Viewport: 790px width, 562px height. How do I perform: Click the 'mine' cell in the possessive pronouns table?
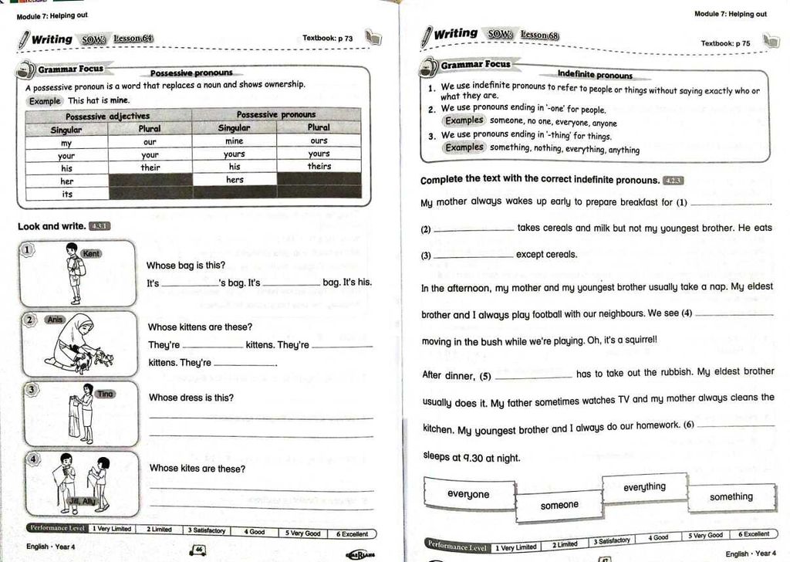click(x=234, y=141)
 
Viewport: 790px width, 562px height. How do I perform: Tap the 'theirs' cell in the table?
click(x=319, y=166)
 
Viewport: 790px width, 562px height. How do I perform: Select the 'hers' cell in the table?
click(x=235, y=180)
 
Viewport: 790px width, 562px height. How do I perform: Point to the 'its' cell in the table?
click(x=66, y=194)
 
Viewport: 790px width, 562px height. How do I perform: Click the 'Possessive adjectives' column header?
click(x=108, y=116)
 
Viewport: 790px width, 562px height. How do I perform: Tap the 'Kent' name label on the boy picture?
click(x=91, y=253)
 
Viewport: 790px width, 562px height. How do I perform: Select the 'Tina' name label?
click(x=105, y=394)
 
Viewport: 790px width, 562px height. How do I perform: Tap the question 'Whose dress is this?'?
click(x=191, y=398)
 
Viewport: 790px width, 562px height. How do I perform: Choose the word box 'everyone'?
click(x=468, y=494)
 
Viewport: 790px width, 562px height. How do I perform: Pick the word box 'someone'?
click(x=559, y=505)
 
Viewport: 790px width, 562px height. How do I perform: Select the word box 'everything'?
click(x=644, y=487)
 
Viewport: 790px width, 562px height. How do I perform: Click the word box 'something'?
click(x=731, y=496)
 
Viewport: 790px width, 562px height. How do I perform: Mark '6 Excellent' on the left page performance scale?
click(x=352, y=533)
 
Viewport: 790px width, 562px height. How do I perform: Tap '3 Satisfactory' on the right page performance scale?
click(x=612, y=540)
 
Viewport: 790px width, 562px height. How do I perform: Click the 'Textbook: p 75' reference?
click(x=725, y=43)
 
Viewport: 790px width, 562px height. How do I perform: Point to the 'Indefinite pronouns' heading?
click(x=595, y=75)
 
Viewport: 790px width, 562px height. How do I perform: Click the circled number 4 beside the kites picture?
click(x=33, y=459)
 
